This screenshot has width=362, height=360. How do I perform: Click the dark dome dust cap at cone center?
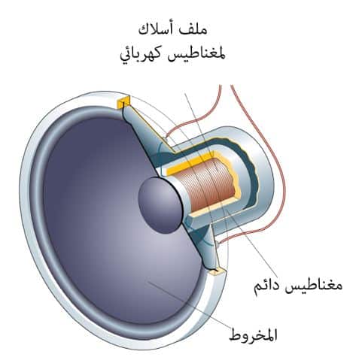160,205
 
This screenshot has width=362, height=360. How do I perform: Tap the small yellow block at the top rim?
123,103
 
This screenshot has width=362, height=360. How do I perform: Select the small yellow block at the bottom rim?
218,271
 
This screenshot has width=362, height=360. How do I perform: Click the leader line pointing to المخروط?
189,304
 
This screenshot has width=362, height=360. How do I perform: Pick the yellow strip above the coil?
191,163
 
